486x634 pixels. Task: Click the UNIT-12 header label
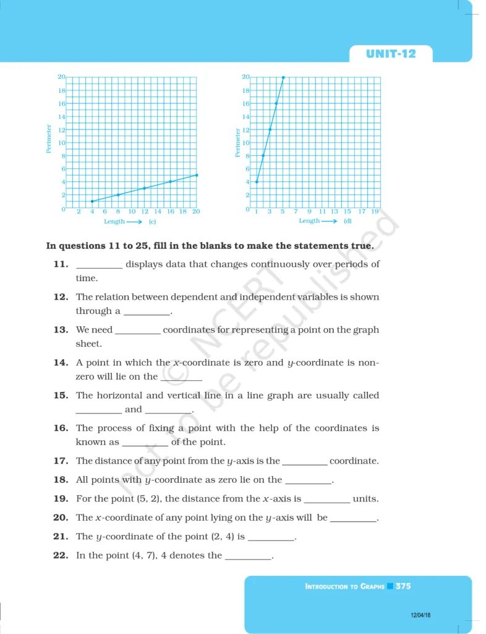click(x=391, y=54)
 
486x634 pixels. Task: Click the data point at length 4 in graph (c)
click(x=92, y=201)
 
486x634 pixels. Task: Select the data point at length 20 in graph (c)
click(x=197, y=175)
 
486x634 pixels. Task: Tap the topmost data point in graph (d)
click(x=283, y=77)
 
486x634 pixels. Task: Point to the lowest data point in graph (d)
click(x=257, y=181)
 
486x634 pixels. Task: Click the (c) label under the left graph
click(x=152, y=221)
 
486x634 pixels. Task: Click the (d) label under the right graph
click(x=347, y=221)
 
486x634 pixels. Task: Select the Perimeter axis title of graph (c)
click(x=49, y=139)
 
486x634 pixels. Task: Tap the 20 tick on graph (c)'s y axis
click(x=61, y=77)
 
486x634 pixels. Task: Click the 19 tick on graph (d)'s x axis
click(x=375, y=212)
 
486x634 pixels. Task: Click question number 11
click(x=60, y=264)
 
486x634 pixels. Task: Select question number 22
click(x=60, y=555)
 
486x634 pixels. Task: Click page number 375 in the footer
click(x=403, y=586)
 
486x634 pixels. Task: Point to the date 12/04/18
click(x=420, y=615)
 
